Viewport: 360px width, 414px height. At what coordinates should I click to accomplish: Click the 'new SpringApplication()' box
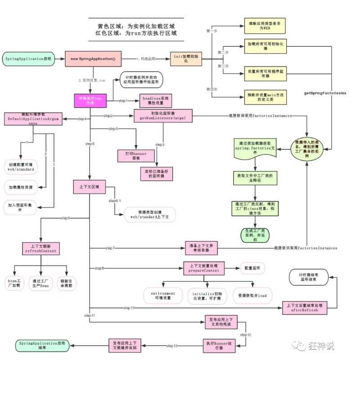[x=93, y=59]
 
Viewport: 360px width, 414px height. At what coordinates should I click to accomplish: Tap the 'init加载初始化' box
[x=185, y=59]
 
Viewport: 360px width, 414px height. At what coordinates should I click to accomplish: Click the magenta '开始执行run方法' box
[x=90, y=100]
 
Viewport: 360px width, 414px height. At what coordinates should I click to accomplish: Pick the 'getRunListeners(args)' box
[x=163, y=115]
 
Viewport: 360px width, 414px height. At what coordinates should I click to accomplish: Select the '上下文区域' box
[x=89, y=186]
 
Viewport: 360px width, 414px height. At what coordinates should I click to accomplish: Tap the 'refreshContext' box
[x=40, y=248]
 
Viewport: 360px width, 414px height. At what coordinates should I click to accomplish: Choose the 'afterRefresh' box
[x=305, y=308]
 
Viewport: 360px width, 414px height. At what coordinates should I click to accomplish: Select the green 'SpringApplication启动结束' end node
[x=42, y=345]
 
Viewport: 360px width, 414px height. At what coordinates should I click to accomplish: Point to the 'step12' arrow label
[x=245, y=335]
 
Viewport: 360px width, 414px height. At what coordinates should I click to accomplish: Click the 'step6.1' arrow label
[x=114, y=200]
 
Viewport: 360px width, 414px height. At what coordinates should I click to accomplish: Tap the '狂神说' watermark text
[x=321, y=346]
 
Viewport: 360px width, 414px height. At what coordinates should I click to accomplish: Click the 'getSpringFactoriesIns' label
[x=325, y=93]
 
